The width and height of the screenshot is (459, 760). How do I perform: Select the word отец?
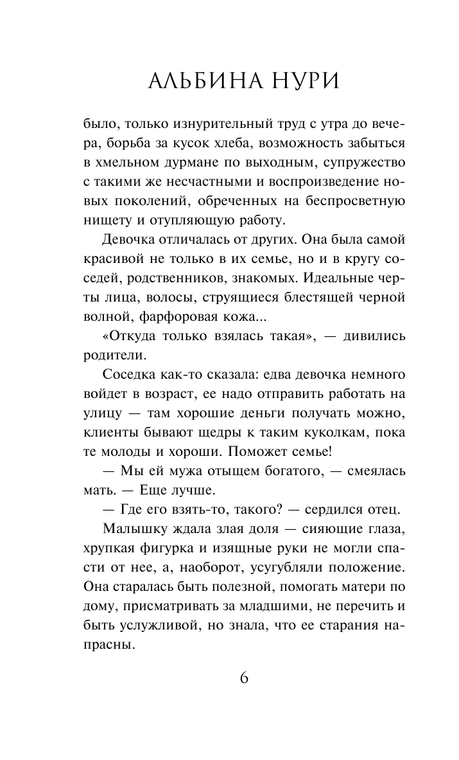pos(381,511)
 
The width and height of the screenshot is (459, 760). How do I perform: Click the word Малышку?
pos(135,530)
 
